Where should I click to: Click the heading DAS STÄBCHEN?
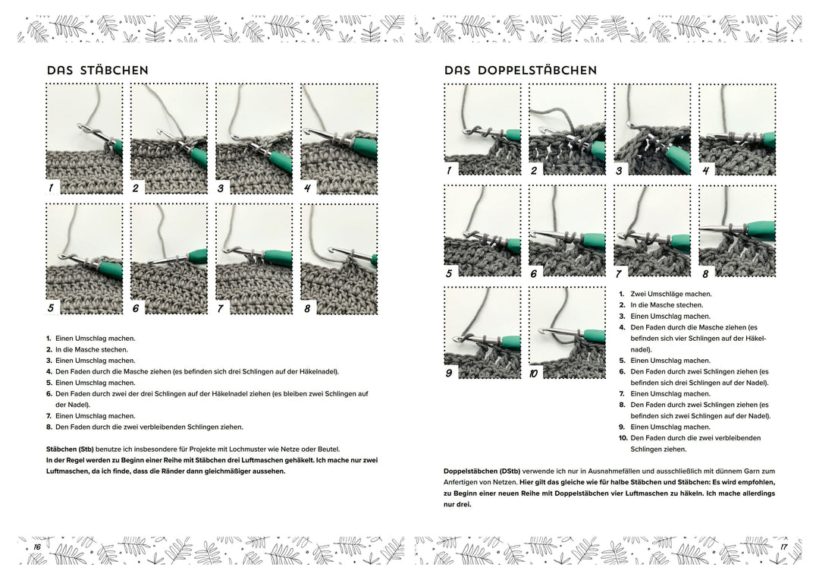coord(97,71)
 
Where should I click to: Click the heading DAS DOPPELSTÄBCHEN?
coord(520,71)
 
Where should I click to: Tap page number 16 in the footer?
coord(35,547)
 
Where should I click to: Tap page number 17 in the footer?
coord(783,547)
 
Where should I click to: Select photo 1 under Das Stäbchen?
coord(84,139)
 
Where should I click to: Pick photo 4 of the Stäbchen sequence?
coord(339,139)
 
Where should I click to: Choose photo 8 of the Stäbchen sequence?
coord(339,259)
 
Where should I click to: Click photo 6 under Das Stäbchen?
coord(169,259)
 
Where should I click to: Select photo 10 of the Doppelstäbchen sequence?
coord(567,333)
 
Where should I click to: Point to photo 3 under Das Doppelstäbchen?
coord(652,129)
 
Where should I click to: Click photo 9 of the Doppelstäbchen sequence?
coord(482,333)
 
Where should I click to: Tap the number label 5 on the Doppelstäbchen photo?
coord(449,273)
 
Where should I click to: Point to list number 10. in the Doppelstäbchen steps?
coord(622,438)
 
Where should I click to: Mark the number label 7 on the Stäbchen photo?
coord(221,308)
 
